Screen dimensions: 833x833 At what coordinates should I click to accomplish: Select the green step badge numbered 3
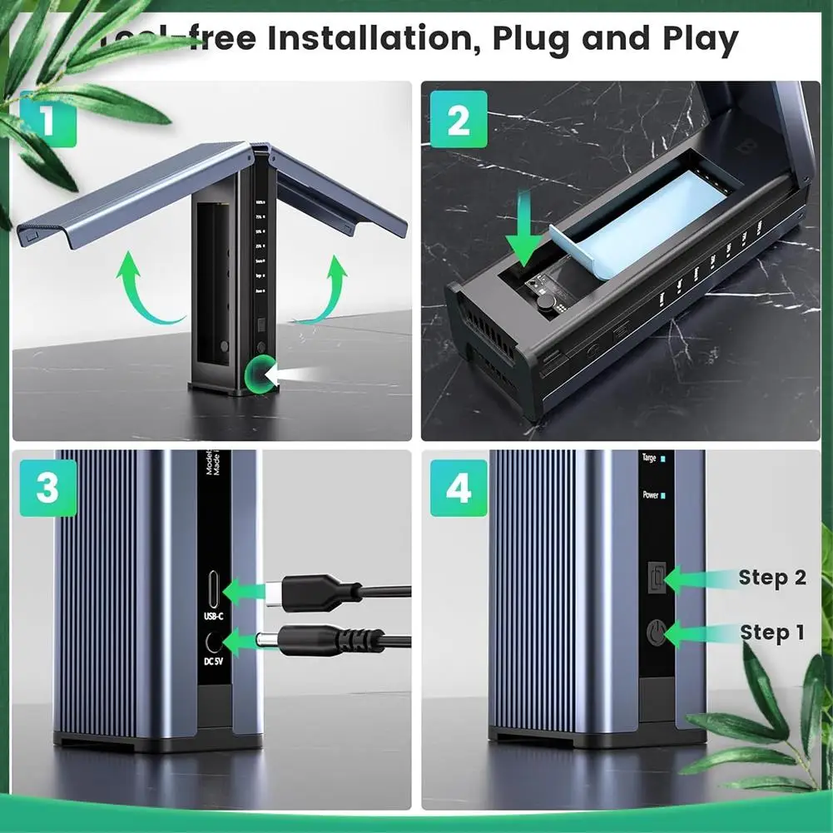click(47, 488)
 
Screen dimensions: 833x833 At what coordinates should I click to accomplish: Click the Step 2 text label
click(771, 578)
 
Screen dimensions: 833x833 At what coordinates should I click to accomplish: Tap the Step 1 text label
click(771, 632)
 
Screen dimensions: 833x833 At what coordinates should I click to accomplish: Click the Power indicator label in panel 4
click(651, 495)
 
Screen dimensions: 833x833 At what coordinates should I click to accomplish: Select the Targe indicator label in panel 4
click(649, 459)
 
